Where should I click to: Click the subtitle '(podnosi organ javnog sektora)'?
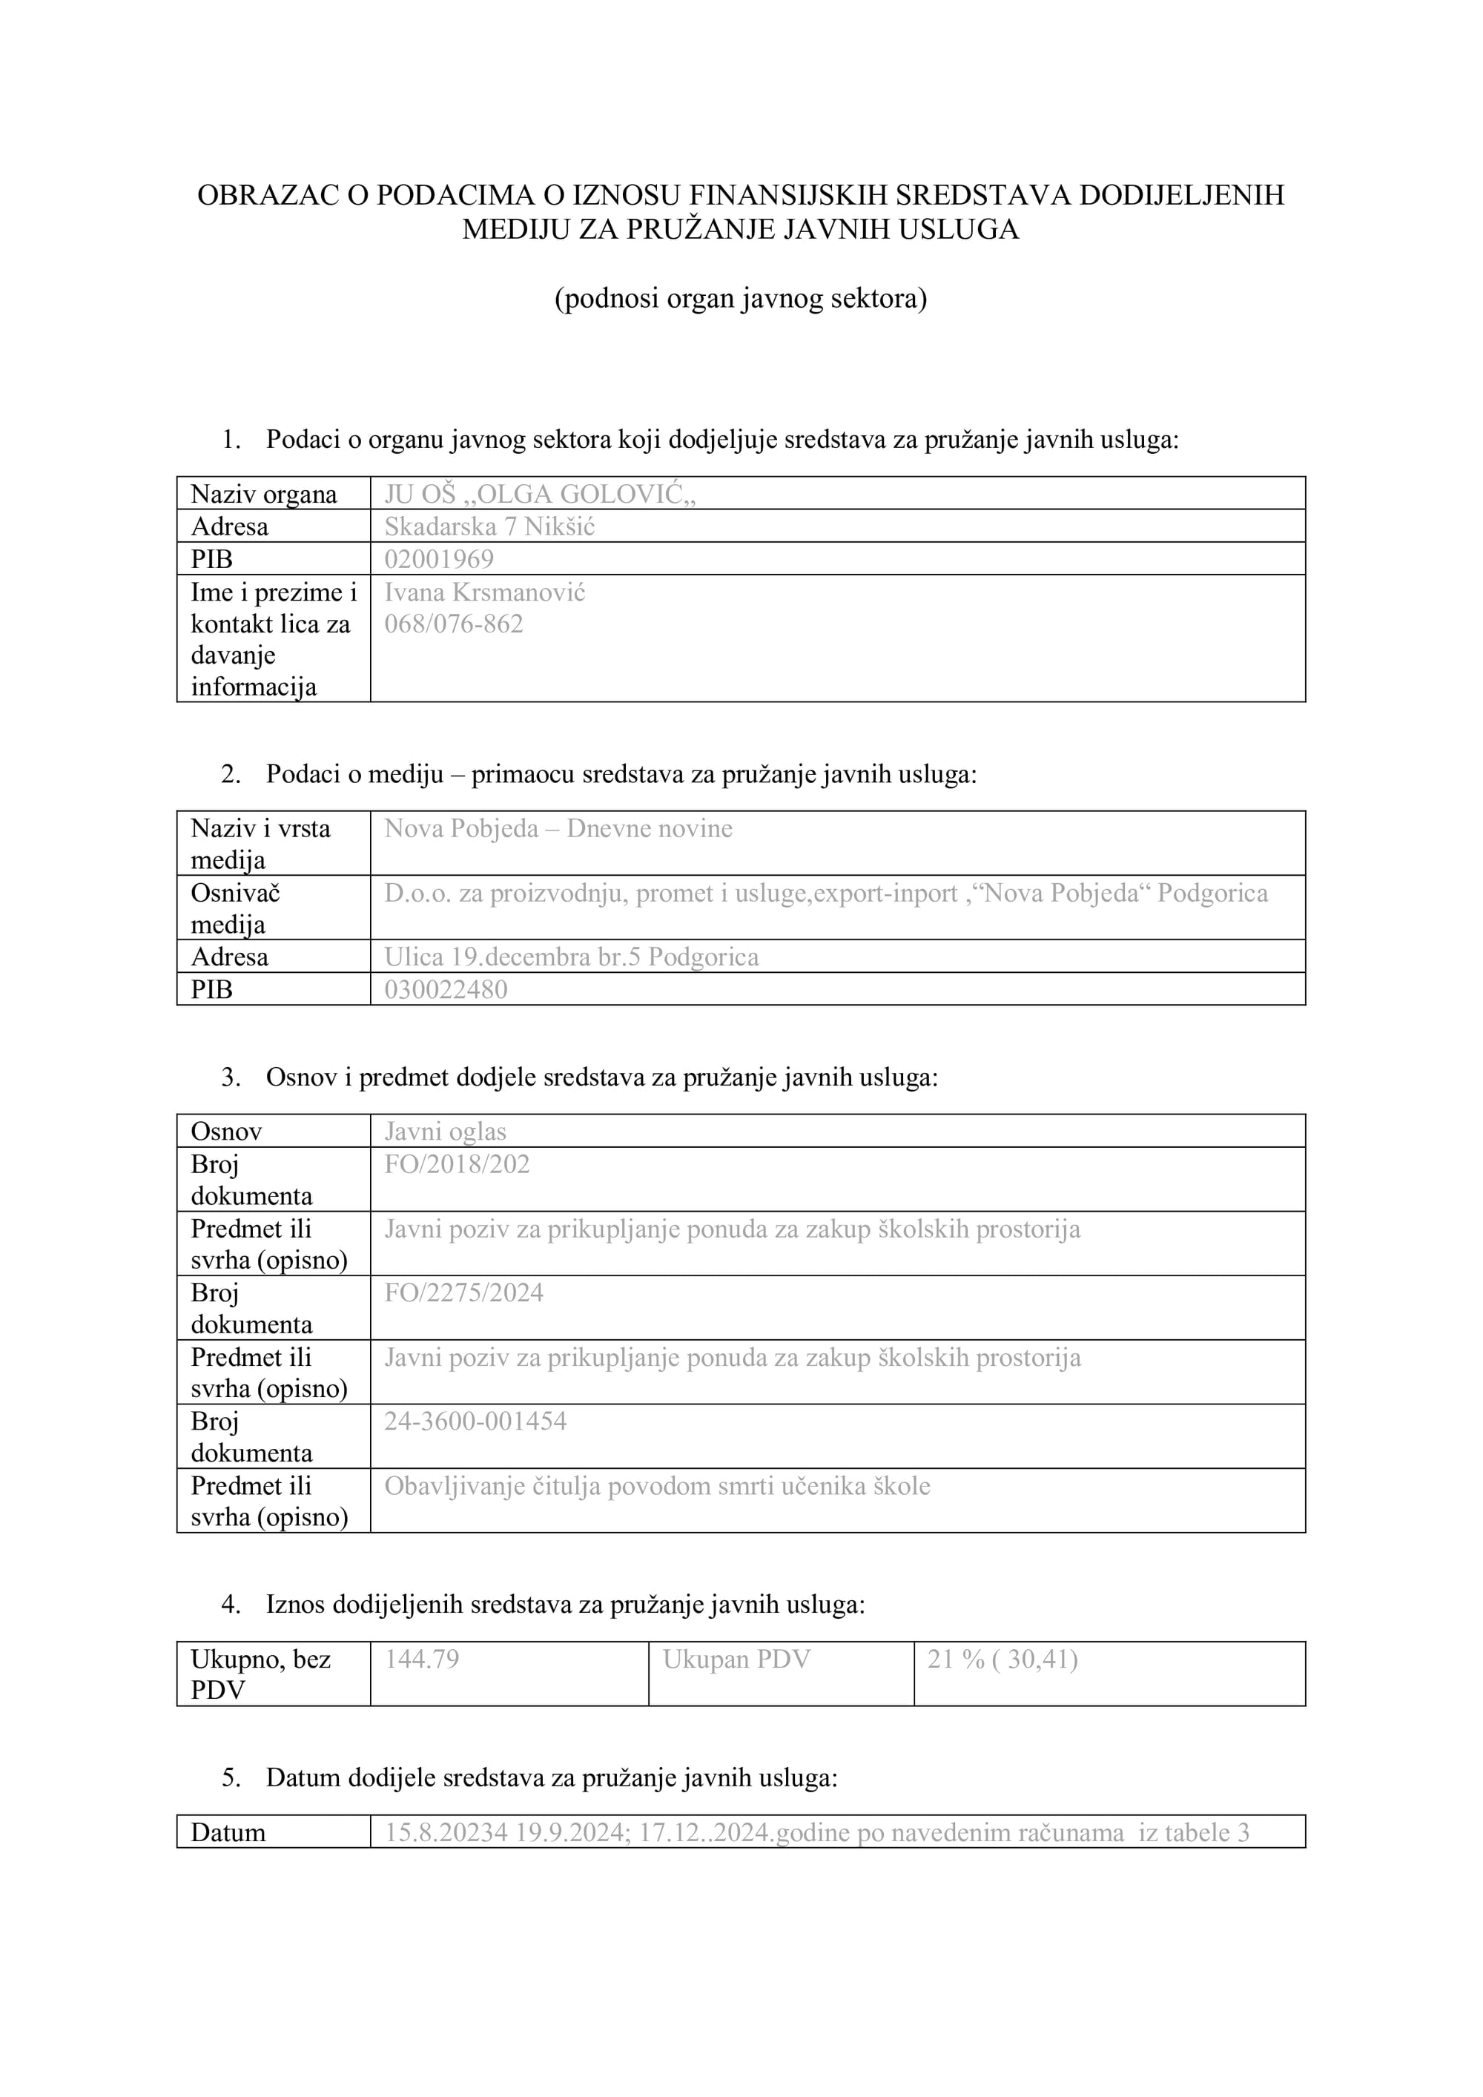point(741,299)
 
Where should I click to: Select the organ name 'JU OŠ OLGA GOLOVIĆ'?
point(540,494)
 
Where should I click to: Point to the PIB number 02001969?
point(438,559)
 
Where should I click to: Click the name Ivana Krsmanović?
point(484,592)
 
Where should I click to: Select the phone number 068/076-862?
point(453,624)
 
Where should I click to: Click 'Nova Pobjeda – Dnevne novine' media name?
point(558,828)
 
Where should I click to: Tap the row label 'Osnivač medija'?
point(235,908)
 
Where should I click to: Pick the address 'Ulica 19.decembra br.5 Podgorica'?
point(571,957)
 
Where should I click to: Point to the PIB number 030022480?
point(445,989)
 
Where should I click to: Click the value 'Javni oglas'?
point(445,1132)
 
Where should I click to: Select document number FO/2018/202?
point(457,1163)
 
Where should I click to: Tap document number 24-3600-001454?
point(475,1421)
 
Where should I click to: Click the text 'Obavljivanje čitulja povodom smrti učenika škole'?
point(656,1486)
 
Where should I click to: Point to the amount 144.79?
point(421,1659)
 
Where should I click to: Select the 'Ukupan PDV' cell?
point(736,1659)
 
